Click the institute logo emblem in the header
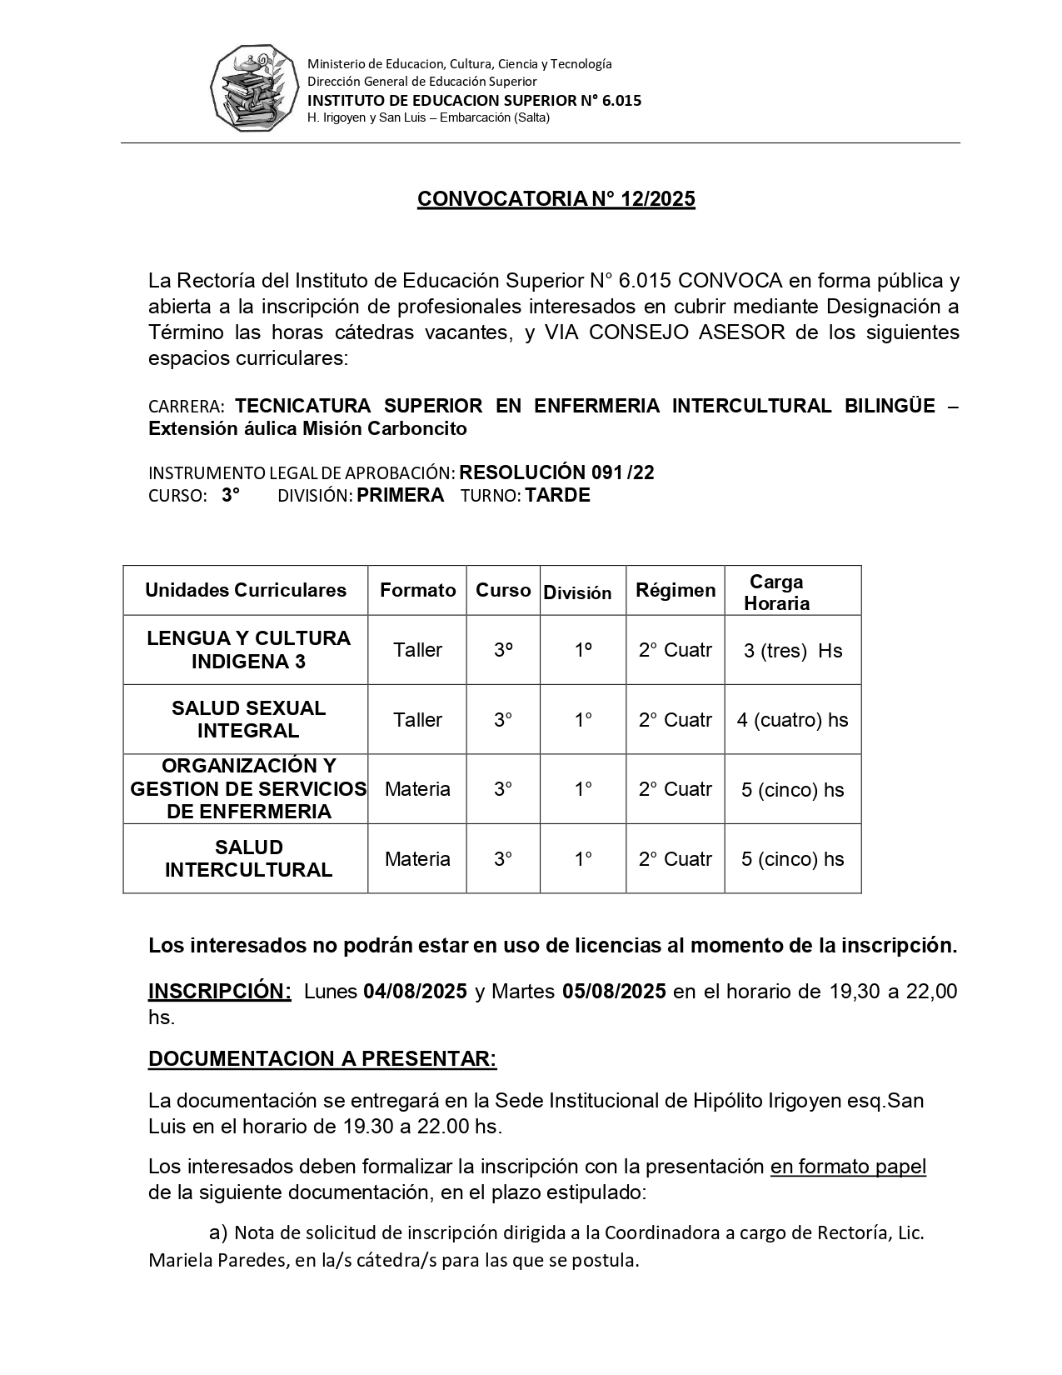[253, 88]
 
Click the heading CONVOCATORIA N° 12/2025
[556, 199]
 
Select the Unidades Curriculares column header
[246, 591]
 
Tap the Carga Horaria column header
[776, 592]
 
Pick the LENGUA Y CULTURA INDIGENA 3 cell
[248, 650]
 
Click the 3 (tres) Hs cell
[793, 651]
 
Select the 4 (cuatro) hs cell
[792, 720]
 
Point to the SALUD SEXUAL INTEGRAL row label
[248, 719]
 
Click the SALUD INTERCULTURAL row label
[248, 859]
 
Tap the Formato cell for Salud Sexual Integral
[417, 720]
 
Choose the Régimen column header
[676, 591]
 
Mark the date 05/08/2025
[614, 992]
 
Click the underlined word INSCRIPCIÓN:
[220, 992]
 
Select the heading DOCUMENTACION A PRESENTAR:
[322, 1059]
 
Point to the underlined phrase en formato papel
[848, 1167]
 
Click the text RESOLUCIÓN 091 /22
[556, 473]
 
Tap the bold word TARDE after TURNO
[558, 496]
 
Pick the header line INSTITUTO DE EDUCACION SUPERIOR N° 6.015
[475, 101]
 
